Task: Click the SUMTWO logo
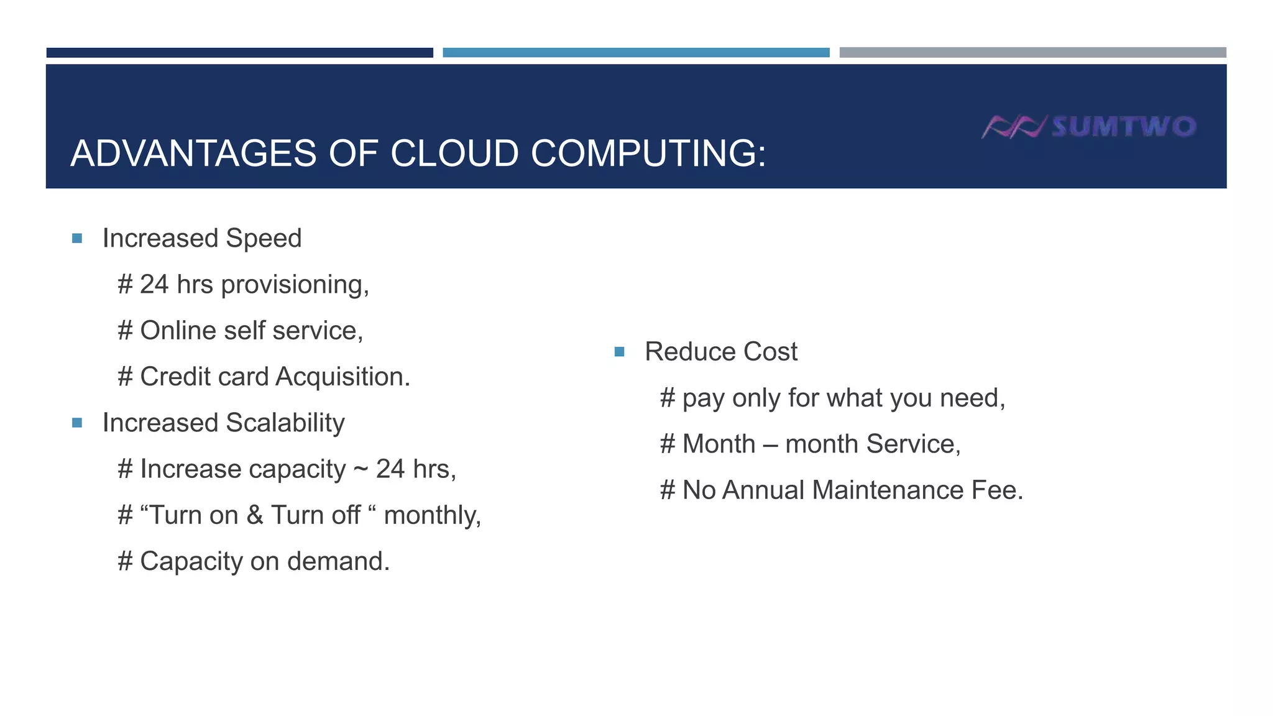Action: pyautogui.click(x=1089, y=127)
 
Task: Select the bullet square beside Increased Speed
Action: pyautogui.click(x=77, y=239)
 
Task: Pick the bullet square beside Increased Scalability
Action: pyautogui.click(x=77, y=423)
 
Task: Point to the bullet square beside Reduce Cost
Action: pyautogui.click(x=619, y=352)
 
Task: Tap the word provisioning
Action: pyautogui.click(x=294, y=285)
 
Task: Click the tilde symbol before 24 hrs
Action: pyautogui.click(x=361, y=469)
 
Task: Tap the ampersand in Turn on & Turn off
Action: pyautogui.click(x=255, y=515)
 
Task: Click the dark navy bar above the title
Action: pyautogui.click(x=240, y=53)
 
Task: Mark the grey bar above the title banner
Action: pyautogui.click(x=1032, y=53)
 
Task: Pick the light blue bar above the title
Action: pyautogui.click(x=636, y=53)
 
